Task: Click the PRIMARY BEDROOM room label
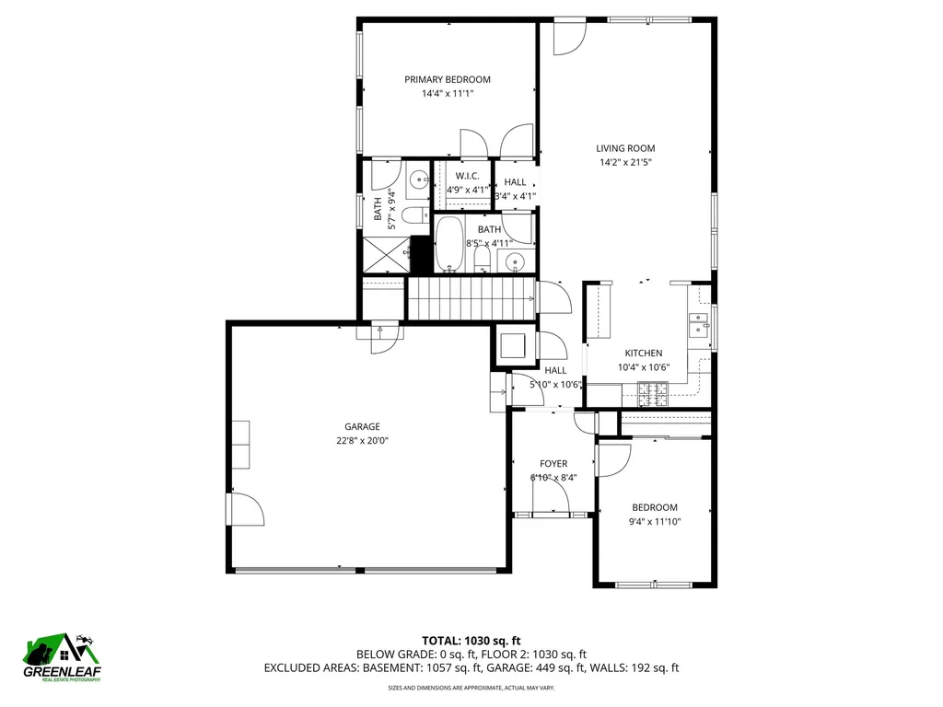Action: tap(447, 79)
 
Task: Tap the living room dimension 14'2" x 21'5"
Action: tap(625, 163)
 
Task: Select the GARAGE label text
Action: tap(362, 426)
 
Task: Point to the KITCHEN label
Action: tap(644, 353)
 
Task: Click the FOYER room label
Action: tap(553, 463)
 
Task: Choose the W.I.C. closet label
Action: tap(468, 175)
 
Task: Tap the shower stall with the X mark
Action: tap(386, 255)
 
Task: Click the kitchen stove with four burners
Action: tap(655, 395)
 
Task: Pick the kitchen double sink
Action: tap(697, 327)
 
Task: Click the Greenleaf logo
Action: tap(62, 658)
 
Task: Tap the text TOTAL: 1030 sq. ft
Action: tap(471, 640)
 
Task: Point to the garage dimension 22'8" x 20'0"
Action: tap(362, 440)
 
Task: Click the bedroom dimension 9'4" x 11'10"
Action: tap(654, 521)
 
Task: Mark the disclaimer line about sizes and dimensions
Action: tap(471, 688)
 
